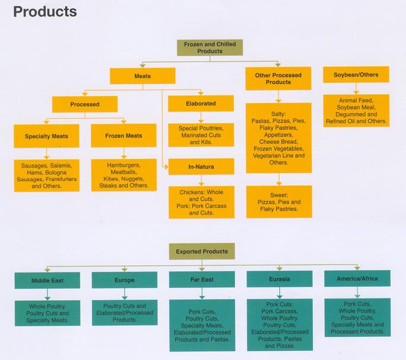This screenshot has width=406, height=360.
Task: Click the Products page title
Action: pos(44,11)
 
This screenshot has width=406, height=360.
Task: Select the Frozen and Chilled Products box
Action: pos(210,48)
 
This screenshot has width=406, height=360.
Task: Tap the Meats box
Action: pos(142,76)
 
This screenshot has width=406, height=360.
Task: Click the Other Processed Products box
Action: pos(278,78)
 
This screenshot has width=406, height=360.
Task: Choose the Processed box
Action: pos(84,104)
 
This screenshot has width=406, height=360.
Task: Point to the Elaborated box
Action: pos(200,104)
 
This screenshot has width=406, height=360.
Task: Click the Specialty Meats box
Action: pos(46,136)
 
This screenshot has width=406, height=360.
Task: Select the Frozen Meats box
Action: pos(124,136)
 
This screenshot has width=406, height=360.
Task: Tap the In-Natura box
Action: pos(201,167)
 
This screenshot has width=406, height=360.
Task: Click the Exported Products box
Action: pos(202,252)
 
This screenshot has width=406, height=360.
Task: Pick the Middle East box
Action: pos(47,280)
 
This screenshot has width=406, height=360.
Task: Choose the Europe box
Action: pos(124,280)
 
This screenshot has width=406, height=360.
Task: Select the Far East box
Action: pos(201,279)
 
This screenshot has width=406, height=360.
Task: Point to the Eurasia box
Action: pos(279,279)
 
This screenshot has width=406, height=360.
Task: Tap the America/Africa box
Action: pos(356,279)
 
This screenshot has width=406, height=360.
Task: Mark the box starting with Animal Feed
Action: pos(356,111)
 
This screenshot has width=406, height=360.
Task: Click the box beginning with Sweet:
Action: pos(279,201)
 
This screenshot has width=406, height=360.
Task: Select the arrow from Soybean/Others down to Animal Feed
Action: pos(356,88)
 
